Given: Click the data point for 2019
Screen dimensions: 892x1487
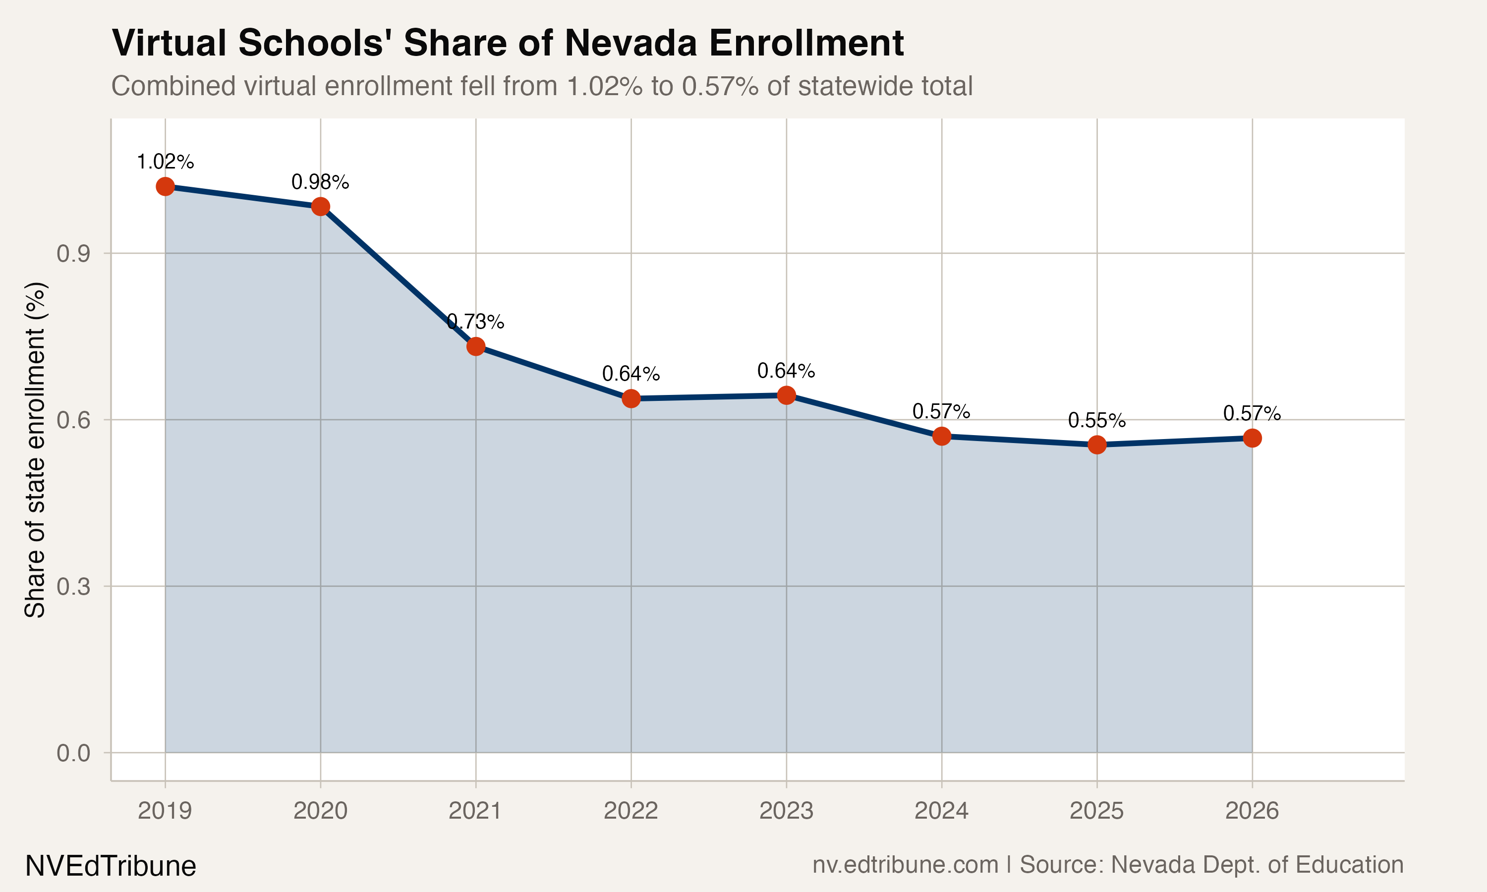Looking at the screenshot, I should click(x=165, y=186).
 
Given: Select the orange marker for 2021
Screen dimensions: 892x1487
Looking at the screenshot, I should click(x=476, y=346).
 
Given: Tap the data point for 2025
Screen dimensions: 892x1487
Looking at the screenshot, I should click(x=1097, y=445).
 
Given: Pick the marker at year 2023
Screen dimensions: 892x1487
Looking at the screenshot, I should click(x=786, y=395).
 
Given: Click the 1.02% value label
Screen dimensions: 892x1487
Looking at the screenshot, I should click(x=165, y=162).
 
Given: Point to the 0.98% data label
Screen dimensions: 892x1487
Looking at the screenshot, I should click(x=320, y=182).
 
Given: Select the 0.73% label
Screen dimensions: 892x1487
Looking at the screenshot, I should click(x=475, y=322).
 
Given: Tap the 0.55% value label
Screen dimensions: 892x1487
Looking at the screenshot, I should click(x=1097, y=421).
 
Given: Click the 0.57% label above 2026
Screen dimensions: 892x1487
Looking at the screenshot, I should click(x=1252, y=414).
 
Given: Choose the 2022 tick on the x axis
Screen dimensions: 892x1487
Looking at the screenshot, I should click(x=630, y=811).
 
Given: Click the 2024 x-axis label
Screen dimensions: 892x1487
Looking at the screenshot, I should click(x=941, y=811).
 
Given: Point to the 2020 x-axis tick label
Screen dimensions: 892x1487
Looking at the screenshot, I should click(x=320, y=811).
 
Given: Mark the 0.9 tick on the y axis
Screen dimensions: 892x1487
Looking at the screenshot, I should click(x=73, y=254).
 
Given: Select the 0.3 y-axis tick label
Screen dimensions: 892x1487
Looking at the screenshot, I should click(x=73, y=587).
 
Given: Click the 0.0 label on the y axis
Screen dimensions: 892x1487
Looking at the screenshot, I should click(x=73, y=753).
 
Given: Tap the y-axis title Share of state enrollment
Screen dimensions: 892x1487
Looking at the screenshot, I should click(x=35, y=449).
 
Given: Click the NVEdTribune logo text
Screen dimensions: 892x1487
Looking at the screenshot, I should click(x=111, y=866).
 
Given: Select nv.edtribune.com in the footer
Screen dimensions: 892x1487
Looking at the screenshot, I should click(x=905, y=865).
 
